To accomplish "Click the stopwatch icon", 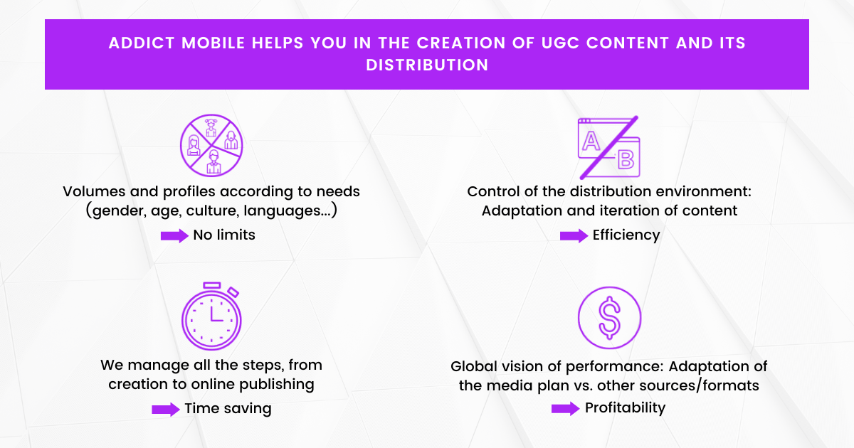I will pos(211,316).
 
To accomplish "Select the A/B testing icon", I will pos(608,147).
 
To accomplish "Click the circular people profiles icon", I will pos(211,146).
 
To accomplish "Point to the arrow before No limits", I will pos(174,235).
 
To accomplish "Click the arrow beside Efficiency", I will pos(574,235).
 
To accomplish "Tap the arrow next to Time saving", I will pos(166,409).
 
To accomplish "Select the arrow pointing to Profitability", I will pos(566,408).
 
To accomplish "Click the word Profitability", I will pos(625,407).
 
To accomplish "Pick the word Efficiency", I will pos(626,235).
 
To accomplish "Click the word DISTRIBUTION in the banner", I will pos(427,65).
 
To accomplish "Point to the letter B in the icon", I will pos(626,159).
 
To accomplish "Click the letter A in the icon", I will pos(591,141).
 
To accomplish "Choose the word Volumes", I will pos(93,192).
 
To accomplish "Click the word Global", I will pos(473,366).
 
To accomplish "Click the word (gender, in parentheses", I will pos(115,211).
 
